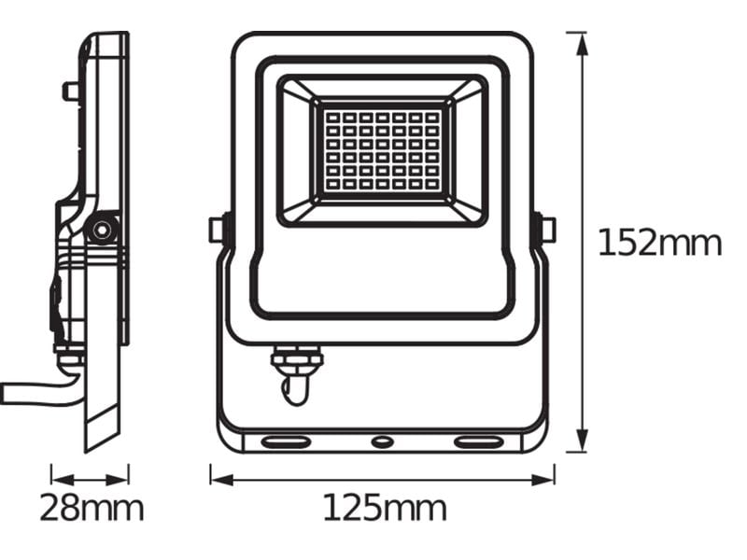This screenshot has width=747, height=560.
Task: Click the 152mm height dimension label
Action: point(659,244)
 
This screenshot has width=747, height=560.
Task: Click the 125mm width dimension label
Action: point(384,509)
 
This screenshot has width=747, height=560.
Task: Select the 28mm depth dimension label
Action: point(91,509)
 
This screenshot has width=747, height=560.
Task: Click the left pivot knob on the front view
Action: point(216,229)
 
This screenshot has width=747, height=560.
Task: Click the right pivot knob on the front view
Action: point(546,229)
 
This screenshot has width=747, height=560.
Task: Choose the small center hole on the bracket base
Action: point(382,441)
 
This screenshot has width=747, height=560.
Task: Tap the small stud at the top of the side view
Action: point(70,91)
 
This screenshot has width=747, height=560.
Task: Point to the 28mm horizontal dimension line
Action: point(90,479)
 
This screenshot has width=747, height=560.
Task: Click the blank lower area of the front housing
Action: point(382,271)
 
